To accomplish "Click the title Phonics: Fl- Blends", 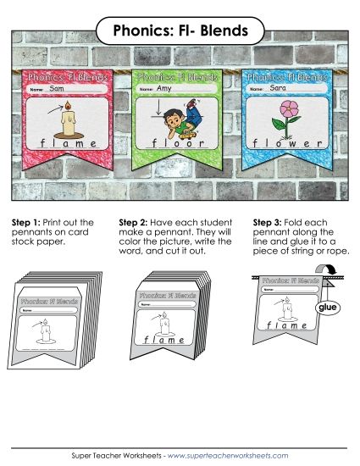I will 180,31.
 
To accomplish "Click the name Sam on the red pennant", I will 58,88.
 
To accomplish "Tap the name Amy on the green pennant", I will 163,88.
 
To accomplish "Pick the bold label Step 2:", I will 147,223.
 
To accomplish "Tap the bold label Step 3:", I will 269,223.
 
